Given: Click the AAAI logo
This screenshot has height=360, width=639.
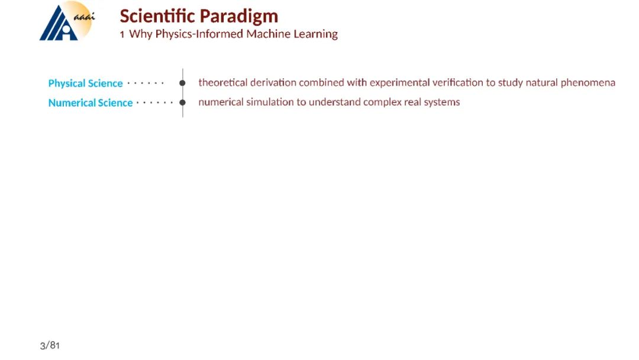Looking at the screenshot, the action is click(67, 21).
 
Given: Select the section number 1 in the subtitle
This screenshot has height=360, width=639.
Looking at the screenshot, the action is click(122, 35).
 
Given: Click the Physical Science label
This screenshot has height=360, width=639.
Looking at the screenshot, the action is click(86, 83).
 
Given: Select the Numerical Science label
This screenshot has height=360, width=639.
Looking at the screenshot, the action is click(91, 103).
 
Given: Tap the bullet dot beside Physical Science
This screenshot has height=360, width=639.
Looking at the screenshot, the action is click(183, 83).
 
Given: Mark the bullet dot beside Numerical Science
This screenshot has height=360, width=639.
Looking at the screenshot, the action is click(183, 102).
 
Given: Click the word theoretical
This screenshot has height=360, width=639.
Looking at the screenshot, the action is click(223, 82).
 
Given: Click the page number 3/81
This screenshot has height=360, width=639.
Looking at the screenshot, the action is click(50, 346).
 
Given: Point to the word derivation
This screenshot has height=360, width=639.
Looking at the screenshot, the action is click(273, 82).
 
